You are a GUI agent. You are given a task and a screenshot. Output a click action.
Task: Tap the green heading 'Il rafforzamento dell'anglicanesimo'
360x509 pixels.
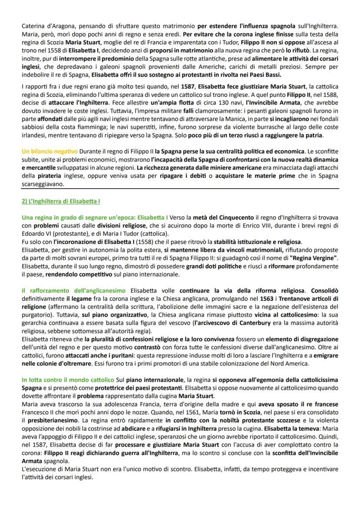(73, 290)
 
